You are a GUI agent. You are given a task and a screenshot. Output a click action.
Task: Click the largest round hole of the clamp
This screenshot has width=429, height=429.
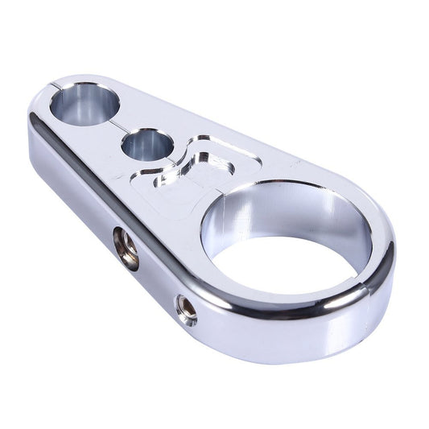(x=285, y=241)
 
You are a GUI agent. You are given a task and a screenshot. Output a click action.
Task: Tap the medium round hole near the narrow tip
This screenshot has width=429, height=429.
(x=84, y=106)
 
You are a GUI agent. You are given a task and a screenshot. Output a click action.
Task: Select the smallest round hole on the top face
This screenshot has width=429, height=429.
(x=146, y=146)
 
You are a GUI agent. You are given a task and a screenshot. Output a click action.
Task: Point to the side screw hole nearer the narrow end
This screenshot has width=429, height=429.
(x=125, y=247)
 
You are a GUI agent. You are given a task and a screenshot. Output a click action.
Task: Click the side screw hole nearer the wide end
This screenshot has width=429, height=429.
(x=186, y=309)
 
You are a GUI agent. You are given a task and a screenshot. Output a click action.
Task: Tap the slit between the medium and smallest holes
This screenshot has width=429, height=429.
(x=121, y=126)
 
